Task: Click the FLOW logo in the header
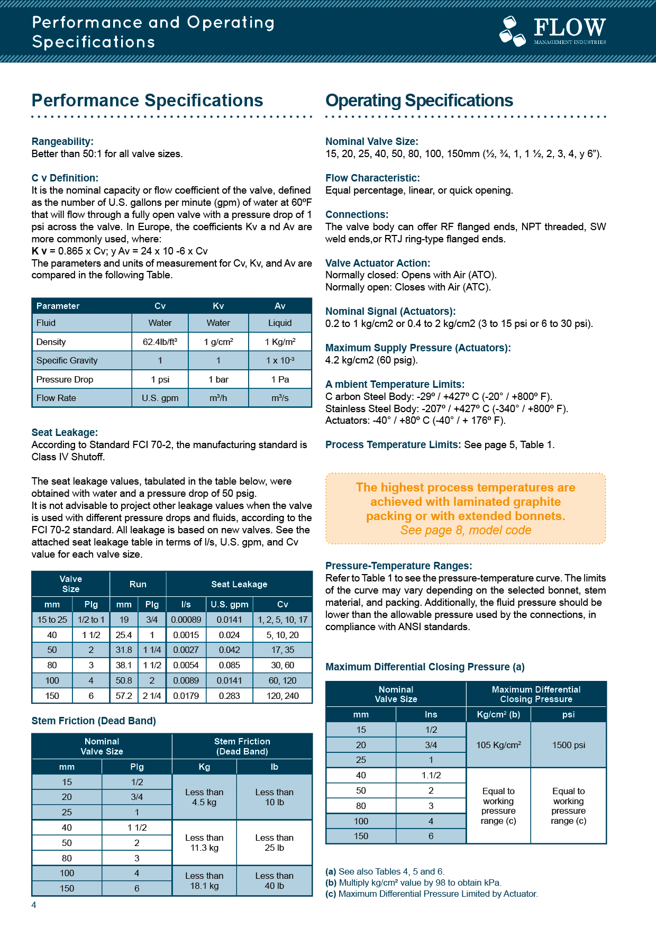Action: [x=553, y=31]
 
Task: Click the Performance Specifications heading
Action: [x=147, y=101]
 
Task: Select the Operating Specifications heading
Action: [x=419, y=101]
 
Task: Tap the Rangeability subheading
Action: [x=62, y=141]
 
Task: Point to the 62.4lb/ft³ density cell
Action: [x=160, y=342]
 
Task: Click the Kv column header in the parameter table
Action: [x=218, y=306]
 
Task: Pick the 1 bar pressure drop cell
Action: [x=218, y=379]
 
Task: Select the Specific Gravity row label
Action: [x=67, y=360]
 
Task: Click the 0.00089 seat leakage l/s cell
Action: [x=186, y=620]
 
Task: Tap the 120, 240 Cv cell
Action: [x=283, y=696]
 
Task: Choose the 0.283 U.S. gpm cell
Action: [x=229, y=696]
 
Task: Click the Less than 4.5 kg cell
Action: [x=204, y=797]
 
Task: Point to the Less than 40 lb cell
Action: [x=274, y=881]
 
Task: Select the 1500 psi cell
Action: [x=569, y=745]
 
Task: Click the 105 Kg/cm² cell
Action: [x=498, y=745]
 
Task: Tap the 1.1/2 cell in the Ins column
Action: [x=431, y=775]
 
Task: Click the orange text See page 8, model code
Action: [x=466, y=530]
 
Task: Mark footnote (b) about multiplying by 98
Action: [x=413, y=882]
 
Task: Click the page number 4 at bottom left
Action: [x=34, y=905]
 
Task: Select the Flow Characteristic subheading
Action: [x=372, y=178]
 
